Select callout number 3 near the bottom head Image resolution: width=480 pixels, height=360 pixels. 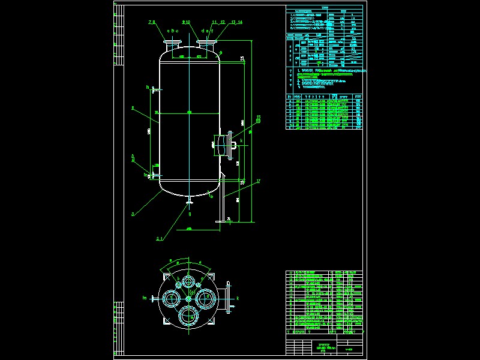coord(133,214)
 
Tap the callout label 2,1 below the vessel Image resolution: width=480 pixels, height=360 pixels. coord(160,239)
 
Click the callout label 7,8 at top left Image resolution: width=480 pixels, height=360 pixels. coord(151,22)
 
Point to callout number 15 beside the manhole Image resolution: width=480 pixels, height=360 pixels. coord(259,118)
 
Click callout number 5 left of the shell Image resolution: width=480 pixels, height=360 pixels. coord(132,108)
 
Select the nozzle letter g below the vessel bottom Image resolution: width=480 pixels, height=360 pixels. coord(190,214)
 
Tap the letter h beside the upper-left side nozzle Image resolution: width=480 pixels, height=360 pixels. coord(147,88)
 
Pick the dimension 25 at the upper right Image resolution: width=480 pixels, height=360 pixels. coord(242,58)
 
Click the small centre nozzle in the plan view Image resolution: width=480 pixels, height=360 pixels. coord(188,298)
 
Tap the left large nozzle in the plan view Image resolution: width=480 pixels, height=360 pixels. coord(172,298)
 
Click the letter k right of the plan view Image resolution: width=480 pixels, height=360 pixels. coord(238,298)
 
